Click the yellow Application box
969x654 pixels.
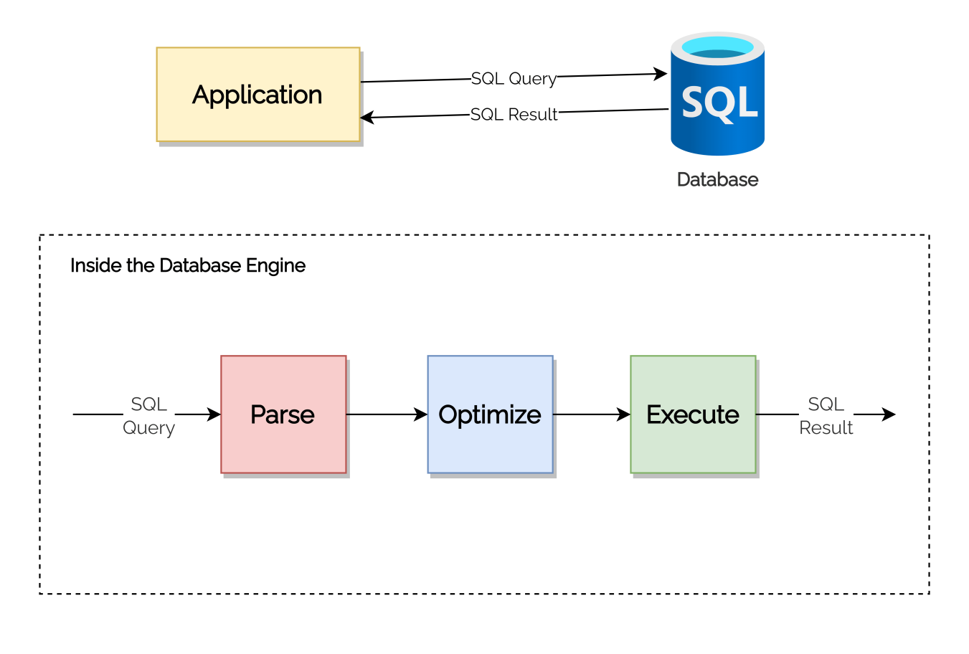[258, 95]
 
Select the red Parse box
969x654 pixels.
[283, 414]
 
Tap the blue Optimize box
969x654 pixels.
[490, 414]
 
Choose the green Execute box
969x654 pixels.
[693, 414]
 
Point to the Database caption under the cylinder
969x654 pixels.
[717, 179]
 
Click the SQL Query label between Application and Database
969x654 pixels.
[514, 78]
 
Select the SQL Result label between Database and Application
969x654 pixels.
[514, 114]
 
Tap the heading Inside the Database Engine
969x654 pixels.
[188, 265]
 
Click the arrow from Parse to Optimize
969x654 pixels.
[387, 414]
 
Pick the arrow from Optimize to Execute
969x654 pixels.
[592, 414]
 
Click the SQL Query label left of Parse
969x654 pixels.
[148, 415]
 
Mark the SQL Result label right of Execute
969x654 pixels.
[826, 415]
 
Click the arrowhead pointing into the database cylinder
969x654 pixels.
[661, 73]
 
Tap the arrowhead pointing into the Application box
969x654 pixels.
[367, 118]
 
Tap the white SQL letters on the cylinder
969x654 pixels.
[719, 103]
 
